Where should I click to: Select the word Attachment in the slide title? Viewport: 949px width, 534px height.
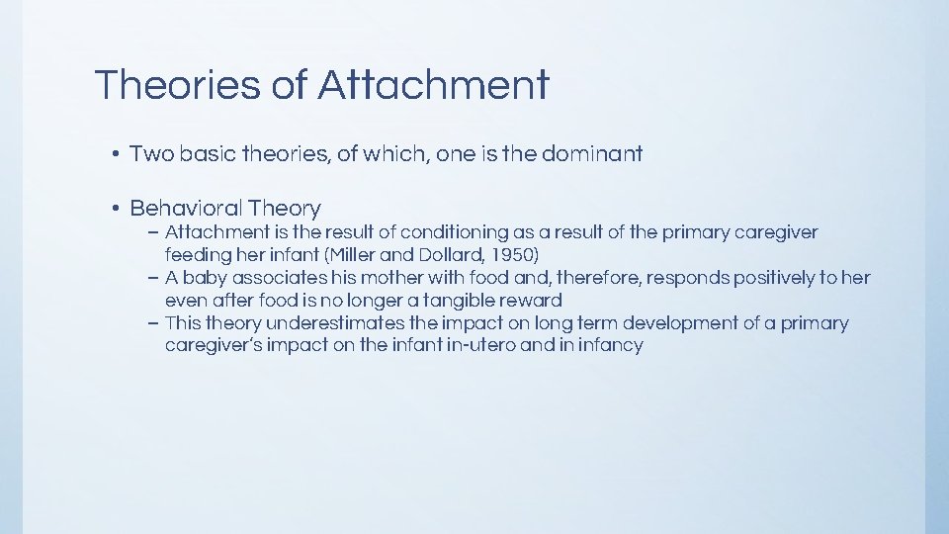click(433, 85)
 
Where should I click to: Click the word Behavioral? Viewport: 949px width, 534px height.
click(186, 209)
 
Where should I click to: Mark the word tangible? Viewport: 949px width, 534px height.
click(461, 301)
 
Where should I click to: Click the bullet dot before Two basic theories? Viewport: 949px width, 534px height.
click(116, 154)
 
